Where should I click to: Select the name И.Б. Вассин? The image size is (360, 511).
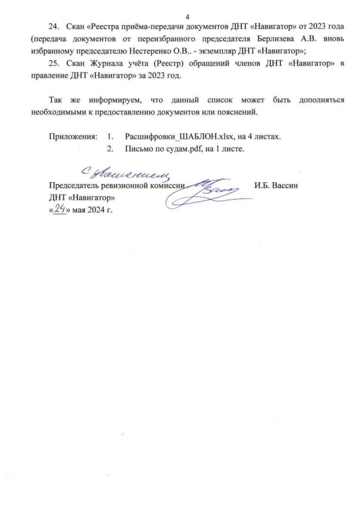click(x=276, y=185)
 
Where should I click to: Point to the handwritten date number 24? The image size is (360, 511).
click(x=60, y=208)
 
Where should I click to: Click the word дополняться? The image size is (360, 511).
click(x=321, y=100)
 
